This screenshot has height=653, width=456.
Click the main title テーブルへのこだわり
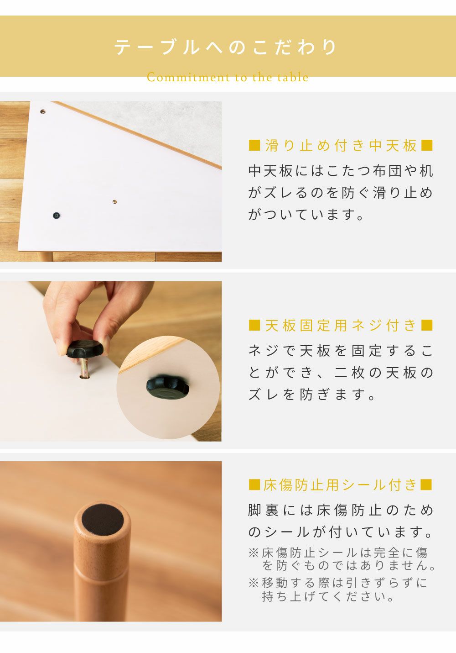[x=226, y=47]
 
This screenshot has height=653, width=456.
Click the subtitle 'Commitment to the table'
[x=228, y=77]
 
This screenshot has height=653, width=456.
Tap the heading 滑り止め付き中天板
[x=341, y=146]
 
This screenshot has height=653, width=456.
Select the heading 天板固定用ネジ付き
[x=341, y=325]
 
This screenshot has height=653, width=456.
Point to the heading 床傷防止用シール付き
[x=340, y=485]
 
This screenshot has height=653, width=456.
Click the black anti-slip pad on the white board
[x=56, y=216]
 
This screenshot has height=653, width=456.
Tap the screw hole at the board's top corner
[x=42, y=111]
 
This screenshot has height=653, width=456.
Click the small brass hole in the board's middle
[x=114, y=202]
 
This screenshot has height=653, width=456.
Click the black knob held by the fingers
[x=85, y=349]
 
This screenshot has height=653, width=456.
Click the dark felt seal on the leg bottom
[x=103, y=519]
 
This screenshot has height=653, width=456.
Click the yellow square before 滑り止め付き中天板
[x=254, y=146]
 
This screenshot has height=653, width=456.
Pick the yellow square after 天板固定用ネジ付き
[x=427, y=325]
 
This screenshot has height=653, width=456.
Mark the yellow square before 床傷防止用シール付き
[x=254, y=485]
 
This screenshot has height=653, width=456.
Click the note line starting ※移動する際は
[x=338, y=583]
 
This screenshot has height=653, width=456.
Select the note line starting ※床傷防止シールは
[x=338, y=553]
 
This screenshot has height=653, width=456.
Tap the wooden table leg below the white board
[x=45, y=257]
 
